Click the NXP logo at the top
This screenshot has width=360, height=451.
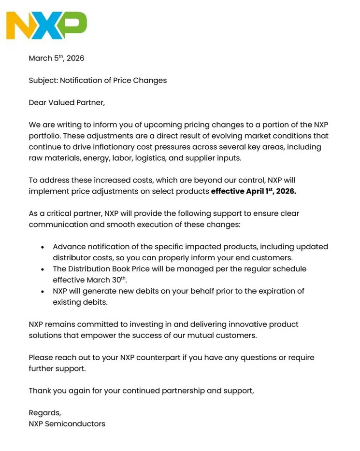point(46,26)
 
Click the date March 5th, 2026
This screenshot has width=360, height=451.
point(57,58)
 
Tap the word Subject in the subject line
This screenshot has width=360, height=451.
point(43,81)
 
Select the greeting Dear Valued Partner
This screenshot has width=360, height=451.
point(66,103)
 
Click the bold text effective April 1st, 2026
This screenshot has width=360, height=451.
point(254,191)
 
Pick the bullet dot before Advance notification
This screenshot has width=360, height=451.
point(43,247)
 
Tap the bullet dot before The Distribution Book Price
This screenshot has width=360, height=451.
point(43,269)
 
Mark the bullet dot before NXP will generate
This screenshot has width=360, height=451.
point(43,292)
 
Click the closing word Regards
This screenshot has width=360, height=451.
point(44,413)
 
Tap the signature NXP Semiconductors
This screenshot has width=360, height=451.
point(67,424)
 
